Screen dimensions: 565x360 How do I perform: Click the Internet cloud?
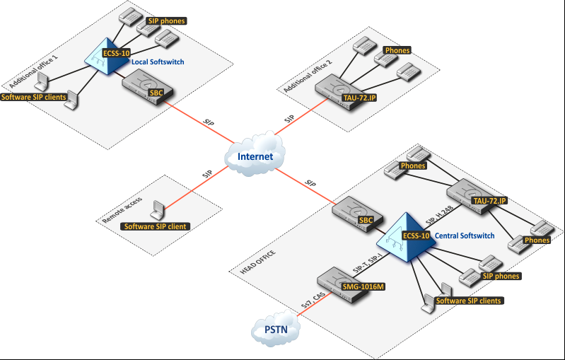255,154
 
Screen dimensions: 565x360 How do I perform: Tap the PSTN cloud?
276,328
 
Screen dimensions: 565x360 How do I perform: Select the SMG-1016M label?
363,287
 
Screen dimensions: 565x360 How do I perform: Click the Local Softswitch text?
158,62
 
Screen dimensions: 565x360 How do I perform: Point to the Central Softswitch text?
465,236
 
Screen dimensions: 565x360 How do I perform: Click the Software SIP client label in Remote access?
156,226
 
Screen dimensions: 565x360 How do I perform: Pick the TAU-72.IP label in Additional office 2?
360,98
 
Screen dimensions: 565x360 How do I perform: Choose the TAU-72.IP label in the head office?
490,201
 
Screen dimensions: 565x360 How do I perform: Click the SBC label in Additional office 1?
156,93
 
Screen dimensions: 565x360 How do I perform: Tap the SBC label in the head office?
366,220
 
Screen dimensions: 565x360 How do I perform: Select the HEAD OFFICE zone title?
258,262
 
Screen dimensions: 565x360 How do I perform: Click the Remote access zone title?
122,210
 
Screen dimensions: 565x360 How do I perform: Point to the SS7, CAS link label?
313,300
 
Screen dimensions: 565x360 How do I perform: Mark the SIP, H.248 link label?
439,216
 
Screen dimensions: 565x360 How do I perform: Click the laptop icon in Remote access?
158,210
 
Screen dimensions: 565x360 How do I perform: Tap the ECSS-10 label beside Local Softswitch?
117,53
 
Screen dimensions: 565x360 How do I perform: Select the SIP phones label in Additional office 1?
166,21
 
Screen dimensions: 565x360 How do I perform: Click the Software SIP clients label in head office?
468,301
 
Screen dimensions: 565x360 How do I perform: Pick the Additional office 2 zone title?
308,76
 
